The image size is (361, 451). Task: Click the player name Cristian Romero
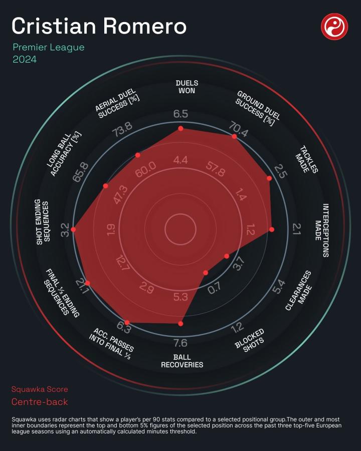coord(99,26)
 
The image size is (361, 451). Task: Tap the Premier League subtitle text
coord(49,48)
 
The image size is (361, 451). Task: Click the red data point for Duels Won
coord(180,129)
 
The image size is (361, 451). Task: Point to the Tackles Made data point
coord(269,178)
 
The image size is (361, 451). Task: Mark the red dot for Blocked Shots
coord(206,273)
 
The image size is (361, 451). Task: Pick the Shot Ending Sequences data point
coord(74,230)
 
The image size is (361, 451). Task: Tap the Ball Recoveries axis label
coord(182,361)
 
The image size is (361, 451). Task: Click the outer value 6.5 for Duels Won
coord(180,114)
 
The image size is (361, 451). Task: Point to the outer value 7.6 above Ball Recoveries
coord(180,343)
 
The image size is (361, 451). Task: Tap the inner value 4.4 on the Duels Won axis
coord(180,160)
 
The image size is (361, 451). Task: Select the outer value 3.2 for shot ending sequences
coord(65,230)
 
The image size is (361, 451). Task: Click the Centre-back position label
coord(40,402)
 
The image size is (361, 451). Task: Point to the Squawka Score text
coord(40,389)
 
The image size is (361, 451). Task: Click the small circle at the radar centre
coord(180,230)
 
